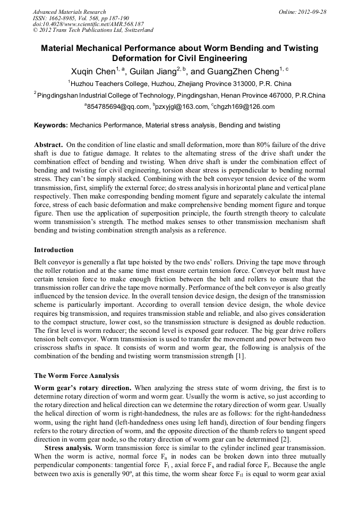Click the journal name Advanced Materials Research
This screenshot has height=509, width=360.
point(69,12)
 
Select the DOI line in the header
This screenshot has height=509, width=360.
point(88,24)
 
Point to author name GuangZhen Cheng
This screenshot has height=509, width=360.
point(236,71)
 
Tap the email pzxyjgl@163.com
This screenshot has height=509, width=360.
point(179,107)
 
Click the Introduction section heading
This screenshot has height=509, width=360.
point(54,249)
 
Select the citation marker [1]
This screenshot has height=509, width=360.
point(240,356)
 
